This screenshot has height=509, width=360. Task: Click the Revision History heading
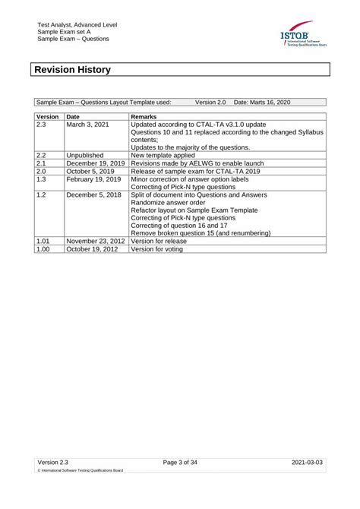[x=73, y=70]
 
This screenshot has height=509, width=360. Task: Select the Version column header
[x=48, y=117]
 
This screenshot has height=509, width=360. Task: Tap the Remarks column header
[x=144, y=117]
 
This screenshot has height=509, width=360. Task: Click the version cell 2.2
[x=43, y=155]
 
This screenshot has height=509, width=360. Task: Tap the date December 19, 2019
[x=96, y=163]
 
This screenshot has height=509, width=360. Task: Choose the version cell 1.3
[x=43, y=180]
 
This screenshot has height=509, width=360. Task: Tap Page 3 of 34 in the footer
[x=180, y=461]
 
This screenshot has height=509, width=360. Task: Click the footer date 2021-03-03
[x=308, y=461]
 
